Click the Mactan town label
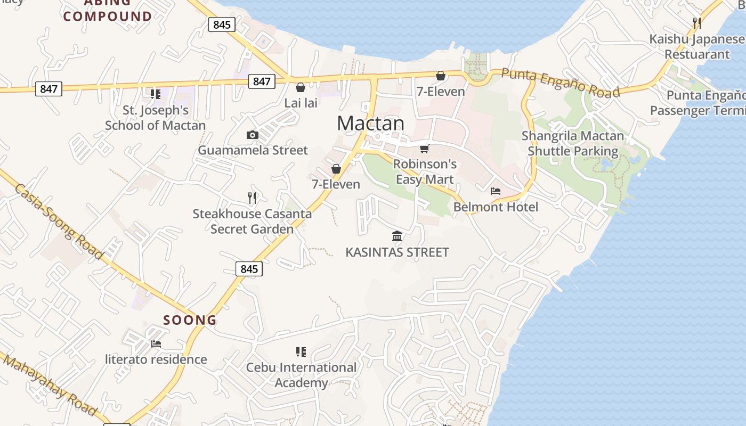pos(370,123)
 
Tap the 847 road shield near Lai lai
pos(261,81)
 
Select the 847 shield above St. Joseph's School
pos(48,89)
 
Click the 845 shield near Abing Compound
pos(222,24)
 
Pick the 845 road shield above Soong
pos(249,269)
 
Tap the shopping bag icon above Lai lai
pos(301,87)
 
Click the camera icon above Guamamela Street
pos(253,135)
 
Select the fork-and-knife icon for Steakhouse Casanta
pos(252,198)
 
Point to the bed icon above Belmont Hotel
pos(496,191)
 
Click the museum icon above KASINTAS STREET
pos(397,236)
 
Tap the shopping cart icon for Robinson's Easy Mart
pos(425,149)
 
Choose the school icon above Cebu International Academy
pos(301,352)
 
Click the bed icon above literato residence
pos(156,344)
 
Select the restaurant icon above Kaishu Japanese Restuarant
pos(696,23)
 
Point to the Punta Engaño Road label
pos(561,83)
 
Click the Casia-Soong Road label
pos(59,222)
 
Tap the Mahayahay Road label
pos(51,385)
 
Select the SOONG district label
pos(190,320)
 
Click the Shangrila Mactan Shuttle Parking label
pos(573,143)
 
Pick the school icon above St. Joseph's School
pos(156,94)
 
